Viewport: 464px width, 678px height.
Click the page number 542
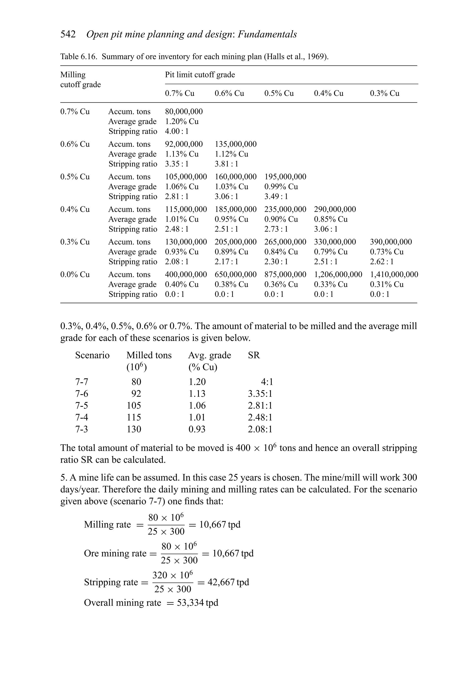68,34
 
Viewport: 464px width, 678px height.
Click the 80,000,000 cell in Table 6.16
184,111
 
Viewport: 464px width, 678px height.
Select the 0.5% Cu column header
279,93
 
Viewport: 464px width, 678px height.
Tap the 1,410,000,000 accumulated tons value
394,275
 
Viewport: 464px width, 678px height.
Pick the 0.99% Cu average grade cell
281,187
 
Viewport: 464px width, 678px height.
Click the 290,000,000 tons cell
335,210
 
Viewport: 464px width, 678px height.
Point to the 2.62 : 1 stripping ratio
381,262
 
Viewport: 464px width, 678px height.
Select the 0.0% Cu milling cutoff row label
75,275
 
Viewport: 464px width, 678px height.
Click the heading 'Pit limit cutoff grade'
200,75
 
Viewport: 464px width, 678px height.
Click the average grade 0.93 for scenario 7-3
197,429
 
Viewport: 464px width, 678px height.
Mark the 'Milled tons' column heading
149,355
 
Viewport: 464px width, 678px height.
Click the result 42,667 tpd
228,582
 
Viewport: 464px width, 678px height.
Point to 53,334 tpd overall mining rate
197,602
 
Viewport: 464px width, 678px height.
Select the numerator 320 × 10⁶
172,575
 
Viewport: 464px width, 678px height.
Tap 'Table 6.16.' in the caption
78,56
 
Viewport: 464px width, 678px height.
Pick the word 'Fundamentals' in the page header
267,34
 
